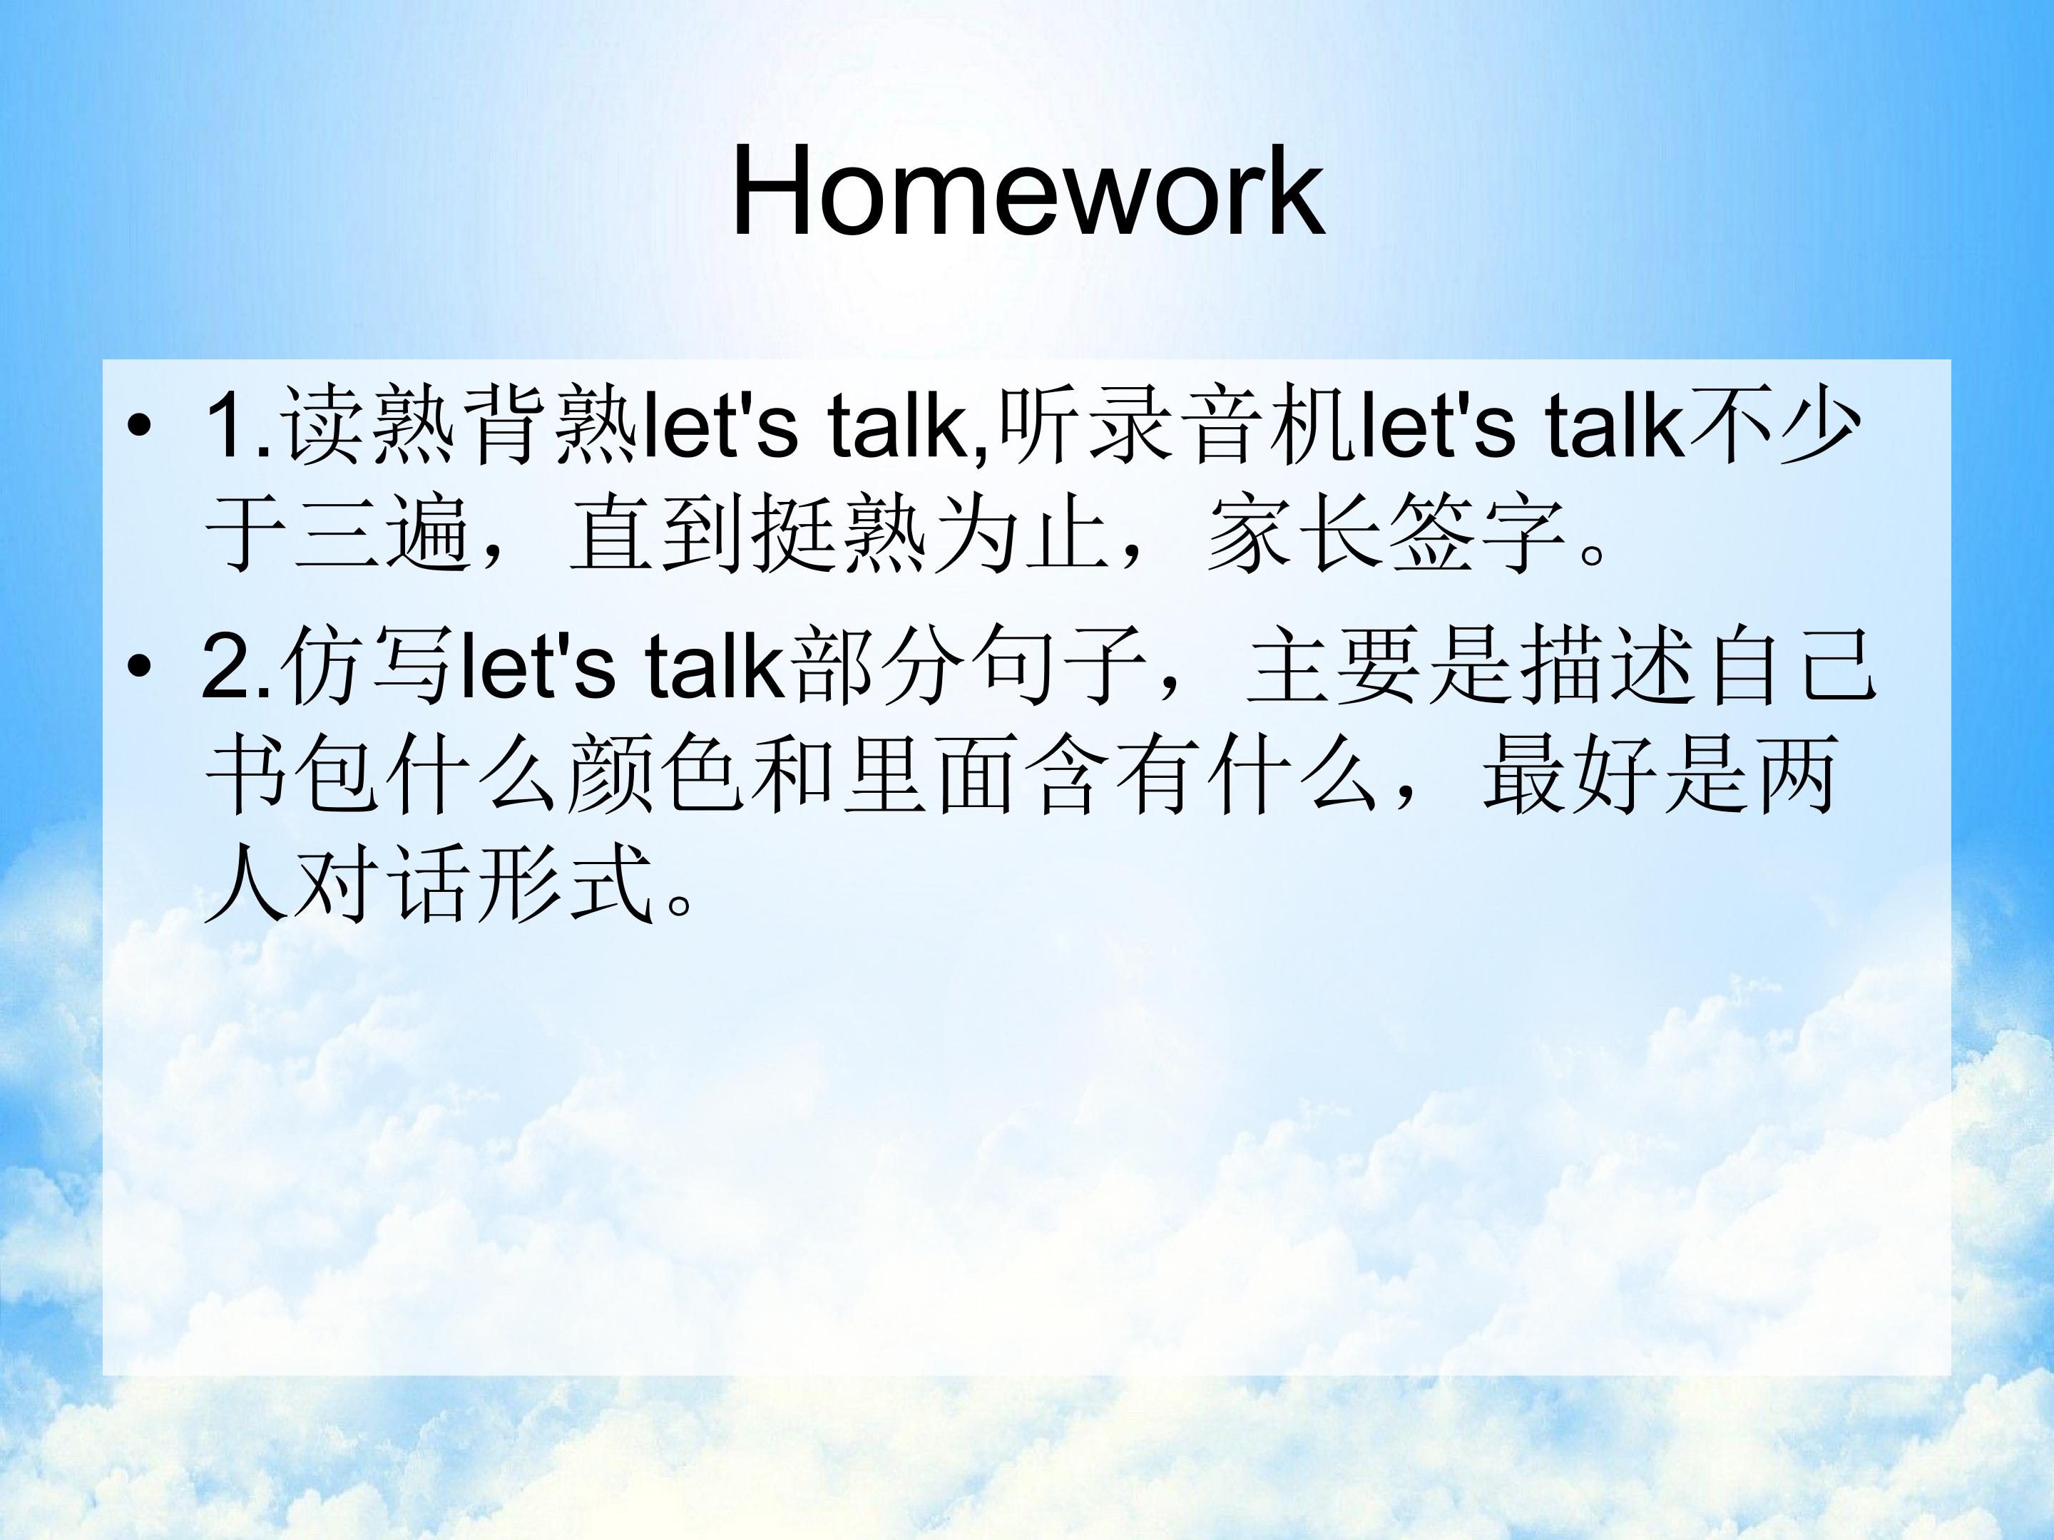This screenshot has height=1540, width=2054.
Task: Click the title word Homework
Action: pos(1027,193)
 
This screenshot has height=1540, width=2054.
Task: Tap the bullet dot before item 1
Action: pos(138,427)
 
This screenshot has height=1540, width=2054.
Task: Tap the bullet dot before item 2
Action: pos(138,666)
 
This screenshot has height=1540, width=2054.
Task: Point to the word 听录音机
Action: pos(1177,426)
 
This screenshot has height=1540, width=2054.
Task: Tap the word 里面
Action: pos(929,775)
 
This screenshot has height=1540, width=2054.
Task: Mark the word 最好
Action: pos(1570,775)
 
